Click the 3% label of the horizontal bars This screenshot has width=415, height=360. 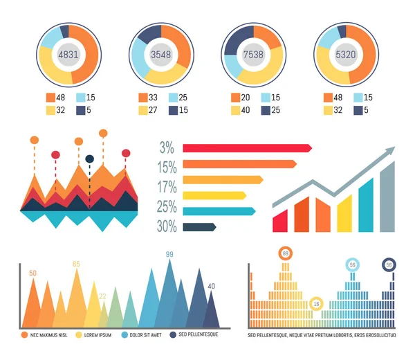[167, 147]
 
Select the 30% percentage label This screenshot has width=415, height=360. [167, 226]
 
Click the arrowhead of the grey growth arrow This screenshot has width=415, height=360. [391, 150]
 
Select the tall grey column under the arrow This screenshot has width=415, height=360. [387, 197]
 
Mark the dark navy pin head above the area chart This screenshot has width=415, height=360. [89, 160]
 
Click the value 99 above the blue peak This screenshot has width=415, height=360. [169, 255]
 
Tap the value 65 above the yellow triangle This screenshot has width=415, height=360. [76, 264]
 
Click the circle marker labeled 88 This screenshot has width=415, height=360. [284, 254]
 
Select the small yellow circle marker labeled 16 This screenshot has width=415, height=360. [317, 303]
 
